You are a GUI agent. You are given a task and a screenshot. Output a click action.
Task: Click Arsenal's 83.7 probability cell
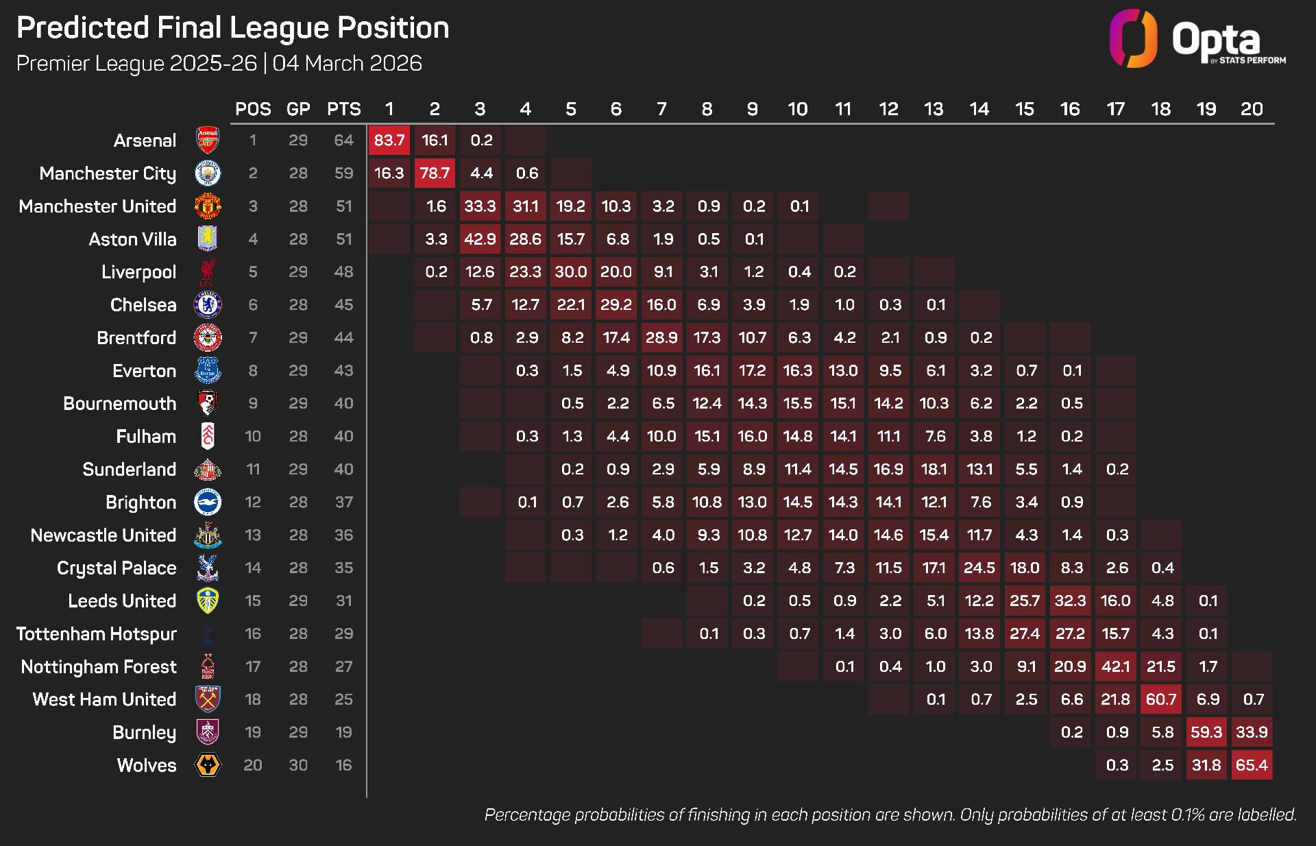[x=389, y=141]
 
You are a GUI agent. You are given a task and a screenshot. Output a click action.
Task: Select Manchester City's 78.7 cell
[x=435, y=173]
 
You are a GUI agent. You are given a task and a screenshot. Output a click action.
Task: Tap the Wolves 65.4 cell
[x=1252, y=765]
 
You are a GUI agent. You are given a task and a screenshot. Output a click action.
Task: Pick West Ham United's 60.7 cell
[x=1161, y=699]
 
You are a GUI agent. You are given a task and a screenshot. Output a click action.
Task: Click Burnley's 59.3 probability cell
[x=1206, y=732]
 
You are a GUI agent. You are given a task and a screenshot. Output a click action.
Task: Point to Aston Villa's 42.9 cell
[x=480, y=239]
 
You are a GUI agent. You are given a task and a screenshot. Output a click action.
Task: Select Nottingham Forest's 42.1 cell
[x=1115, y=666]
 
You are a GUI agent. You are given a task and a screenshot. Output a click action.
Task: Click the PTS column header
[x=343, y=109]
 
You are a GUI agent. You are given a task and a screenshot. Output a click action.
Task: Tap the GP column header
[x=298, y=109]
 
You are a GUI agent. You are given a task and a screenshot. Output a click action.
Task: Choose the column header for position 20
[x=1252, y=109]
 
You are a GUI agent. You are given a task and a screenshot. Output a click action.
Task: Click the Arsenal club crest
[x=208, y=141]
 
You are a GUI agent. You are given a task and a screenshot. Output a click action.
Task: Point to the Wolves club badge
[x=208, y=765]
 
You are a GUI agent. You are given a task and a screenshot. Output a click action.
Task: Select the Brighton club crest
[x=208, y=503]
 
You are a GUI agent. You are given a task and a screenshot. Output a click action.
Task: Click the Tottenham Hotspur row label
[x=97, y=634]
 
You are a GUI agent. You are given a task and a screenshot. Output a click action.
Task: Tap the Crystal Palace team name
[x=117, y=568]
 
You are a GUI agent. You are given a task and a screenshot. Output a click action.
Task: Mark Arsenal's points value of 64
[x=343, y=141]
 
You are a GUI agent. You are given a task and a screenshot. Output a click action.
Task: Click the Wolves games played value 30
[x=298, y=765]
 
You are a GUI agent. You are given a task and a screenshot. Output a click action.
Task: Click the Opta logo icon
[x=1134, y=38]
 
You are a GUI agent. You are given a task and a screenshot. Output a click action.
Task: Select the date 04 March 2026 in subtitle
[x=347, y=63]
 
